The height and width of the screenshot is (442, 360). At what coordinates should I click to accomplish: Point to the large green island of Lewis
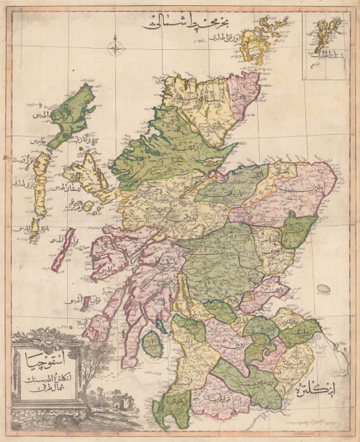pos(73,114)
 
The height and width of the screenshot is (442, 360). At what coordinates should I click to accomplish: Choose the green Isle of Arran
pos(152,346)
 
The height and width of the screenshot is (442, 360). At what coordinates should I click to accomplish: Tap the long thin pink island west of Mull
pos(62,249)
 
